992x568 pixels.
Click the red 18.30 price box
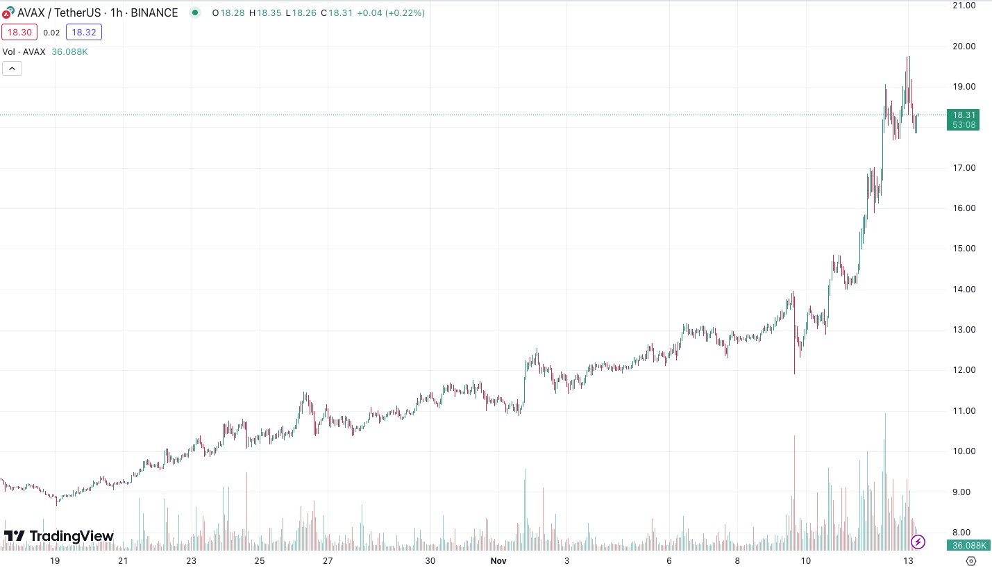point(19,32)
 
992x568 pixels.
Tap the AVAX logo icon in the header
point(8,13)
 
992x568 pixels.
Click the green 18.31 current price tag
point(964,119)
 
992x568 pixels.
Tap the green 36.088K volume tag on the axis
point(964,545)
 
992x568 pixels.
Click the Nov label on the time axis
point(498,560)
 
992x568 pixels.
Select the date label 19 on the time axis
point(54,560)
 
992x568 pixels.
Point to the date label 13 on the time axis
point(907,560)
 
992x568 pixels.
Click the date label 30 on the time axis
point(430,560)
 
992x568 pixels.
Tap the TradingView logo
point(59,536)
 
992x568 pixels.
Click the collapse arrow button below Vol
point(12,68)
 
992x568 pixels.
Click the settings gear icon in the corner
point(971,560)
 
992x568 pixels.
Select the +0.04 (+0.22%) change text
point(391,13)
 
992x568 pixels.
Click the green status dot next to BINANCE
point(195,12)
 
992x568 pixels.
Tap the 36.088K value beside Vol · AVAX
point(69,52)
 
